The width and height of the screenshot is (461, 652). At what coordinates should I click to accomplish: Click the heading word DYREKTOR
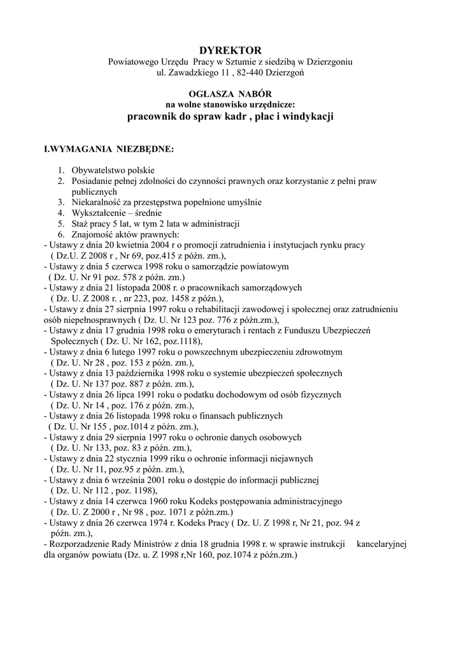click(x=230, y=50)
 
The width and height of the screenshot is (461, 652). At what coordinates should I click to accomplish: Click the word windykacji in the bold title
click(x=304, y=117)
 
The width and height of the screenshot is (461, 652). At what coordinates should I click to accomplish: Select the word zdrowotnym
click(x=315, y=351)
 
